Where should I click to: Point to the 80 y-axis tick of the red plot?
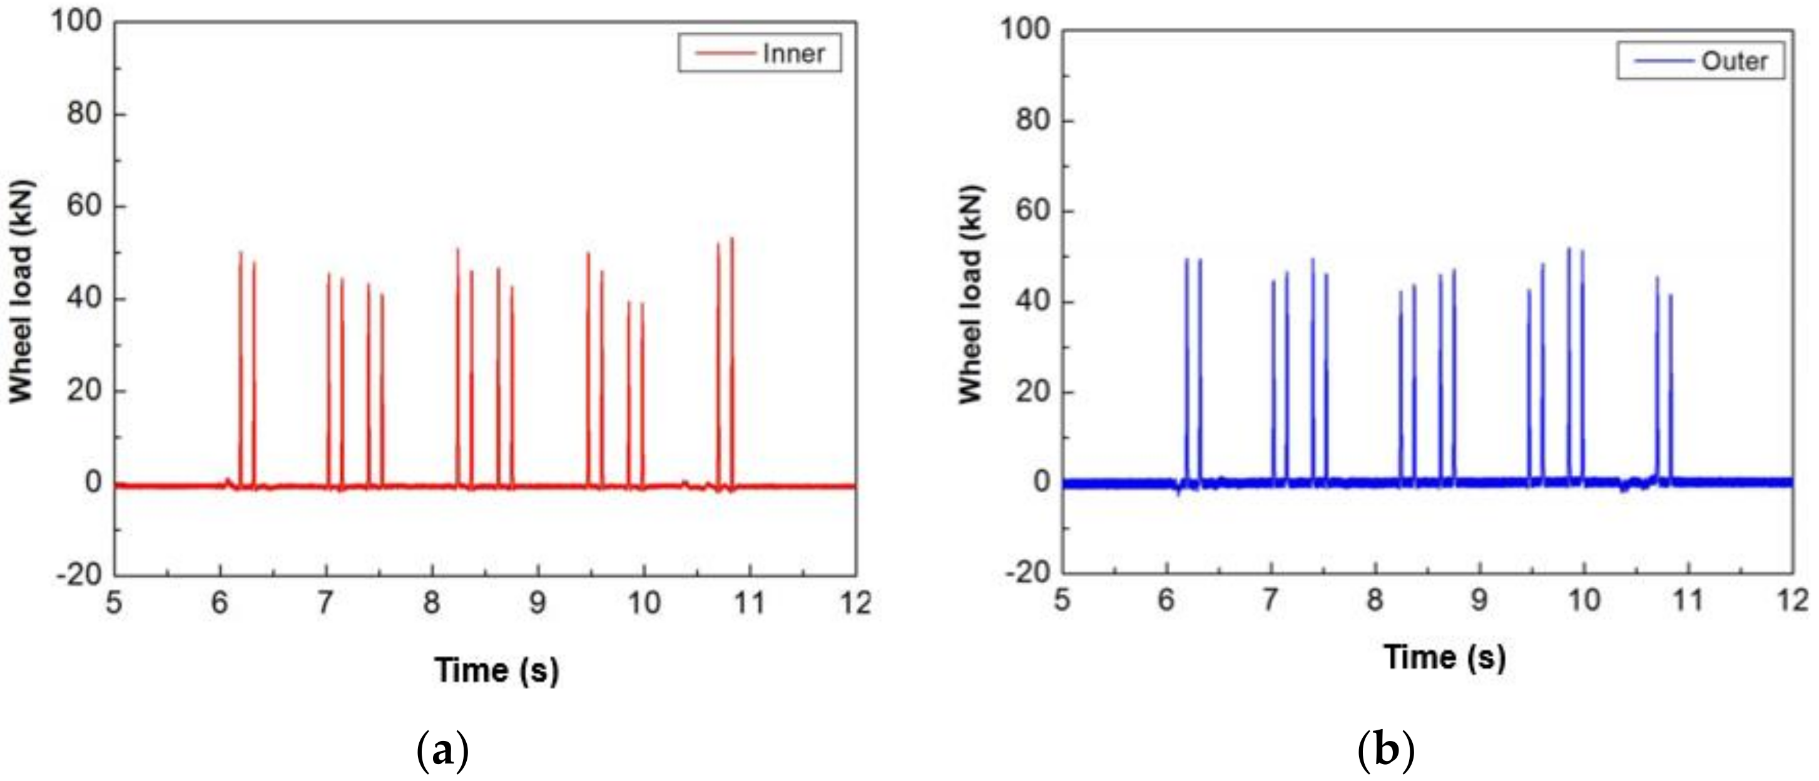click(84, 113)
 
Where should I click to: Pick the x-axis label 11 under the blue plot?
click(1688, 600)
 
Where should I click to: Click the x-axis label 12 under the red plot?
click(856, 603)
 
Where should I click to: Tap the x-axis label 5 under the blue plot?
click(1061, 600)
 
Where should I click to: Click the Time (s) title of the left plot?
click(496, 670)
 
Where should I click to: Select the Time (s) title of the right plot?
click(1444, 656)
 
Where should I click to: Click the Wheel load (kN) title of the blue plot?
click(971, 295)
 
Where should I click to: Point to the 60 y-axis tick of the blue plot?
click(1032, 210)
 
